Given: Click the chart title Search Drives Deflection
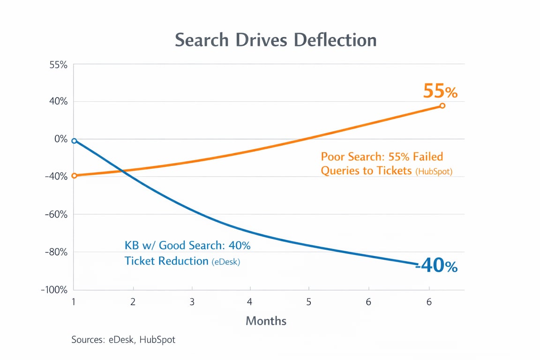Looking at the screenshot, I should (276, 40).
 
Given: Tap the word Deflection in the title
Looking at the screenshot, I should (335, 40).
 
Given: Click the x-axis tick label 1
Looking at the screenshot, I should (74, 302).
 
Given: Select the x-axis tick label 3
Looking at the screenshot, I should (192, 302).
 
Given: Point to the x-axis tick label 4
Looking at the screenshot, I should (250, 302).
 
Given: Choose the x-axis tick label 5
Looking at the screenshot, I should (309, 302).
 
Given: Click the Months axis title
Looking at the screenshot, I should (266, 321).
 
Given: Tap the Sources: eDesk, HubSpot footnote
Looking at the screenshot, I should (123, 339).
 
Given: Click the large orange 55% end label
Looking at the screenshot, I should (440, 91).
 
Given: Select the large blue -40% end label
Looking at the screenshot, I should (436, 266).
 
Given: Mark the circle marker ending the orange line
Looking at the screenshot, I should (442, 106).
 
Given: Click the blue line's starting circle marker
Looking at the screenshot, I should (74, 141).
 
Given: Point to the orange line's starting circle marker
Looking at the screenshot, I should (74, 176).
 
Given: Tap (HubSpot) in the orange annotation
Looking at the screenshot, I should (434, 172).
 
